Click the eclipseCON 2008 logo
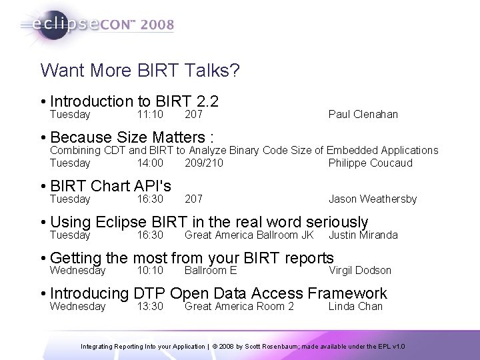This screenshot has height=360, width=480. coord(97,25)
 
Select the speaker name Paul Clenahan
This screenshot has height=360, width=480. coord(363,115)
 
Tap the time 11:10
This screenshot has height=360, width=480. coord(149,115)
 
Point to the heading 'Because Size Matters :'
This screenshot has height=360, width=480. coord(131,137)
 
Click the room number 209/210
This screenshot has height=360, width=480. coord(203,163)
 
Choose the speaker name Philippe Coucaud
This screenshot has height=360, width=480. coord(370,163)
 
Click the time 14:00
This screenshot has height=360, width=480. coord(149,163)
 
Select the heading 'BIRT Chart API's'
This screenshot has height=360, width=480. coord(110,185)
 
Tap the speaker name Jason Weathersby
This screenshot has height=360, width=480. coord(372,199)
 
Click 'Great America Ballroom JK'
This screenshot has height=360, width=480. coord(249,235)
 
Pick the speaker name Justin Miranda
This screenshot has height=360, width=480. coord(363,235)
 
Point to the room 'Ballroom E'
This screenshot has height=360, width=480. coord(210,270)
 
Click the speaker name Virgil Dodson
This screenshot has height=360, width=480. coord(360,270)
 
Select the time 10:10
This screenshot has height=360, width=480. coord(149,270)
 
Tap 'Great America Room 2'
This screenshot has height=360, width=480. coord(239,306)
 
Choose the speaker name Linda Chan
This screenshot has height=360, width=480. coord(355,306)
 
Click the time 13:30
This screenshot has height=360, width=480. coord(149,306)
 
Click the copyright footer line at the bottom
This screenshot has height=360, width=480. coord(243,347)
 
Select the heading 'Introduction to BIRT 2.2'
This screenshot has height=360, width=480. coord(134,101)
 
